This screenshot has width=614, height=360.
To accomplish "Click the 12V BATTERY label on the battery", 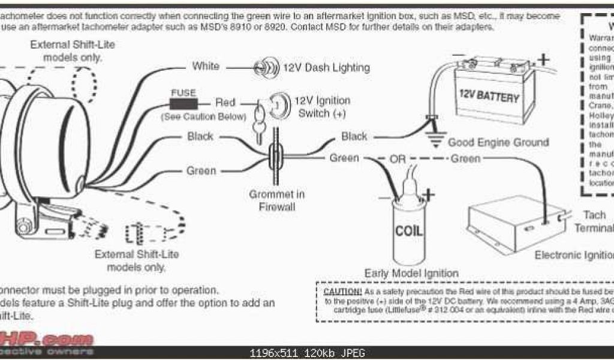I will pos(489,96).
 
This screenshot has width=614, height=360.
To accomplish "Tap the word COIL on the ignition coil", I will pos(409,230).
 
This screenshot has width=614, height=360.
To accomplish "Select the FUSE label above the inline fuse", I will pos(183,93).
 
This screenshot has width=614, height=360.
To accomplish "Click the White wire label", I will pos(206,66).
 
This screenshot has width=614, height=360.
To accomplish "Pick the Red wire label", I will pos(225,103).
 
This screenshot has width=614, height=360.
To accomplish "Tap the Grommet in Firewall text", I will pos(277,200).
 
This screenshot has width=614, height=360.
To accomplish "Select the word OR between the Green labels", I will pos(398,159).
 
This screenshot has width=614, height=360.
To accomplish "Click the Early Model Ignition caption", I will pos(411,273).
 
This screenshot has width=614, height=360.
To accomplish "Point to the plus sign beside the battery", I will pos(543,59).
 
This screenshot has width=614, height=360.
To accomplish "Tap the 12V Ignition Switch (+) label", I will pos(321,107).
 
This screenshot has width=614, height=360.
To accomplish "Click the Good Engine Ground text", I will pos(498,143).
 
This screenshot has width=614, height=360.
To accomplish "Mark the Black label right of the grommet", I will pos(354,137).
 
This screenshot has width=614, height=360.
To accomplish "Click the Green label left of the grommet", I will pos(201,171).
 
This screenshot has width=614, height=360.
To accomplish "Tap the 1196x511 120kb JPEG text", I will pos(306,353).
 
